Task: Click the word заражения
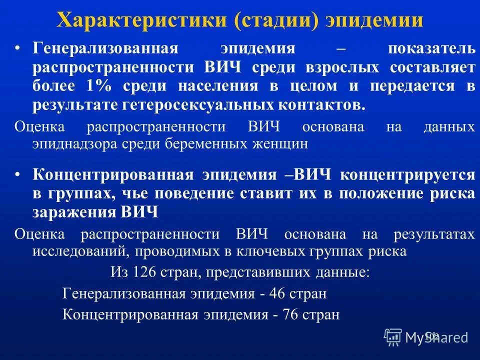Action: tap(74, 212)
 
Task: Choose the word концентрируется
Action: tap(407, 175)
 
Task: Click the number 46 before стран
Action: tap(276, 294)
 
